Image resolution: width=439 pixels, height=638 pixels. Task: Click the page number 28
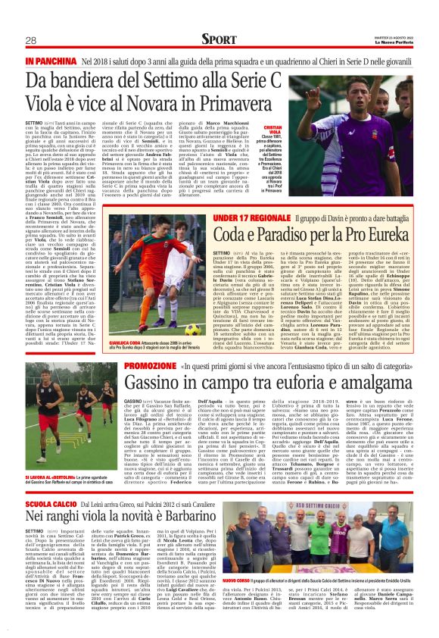coord(31,40)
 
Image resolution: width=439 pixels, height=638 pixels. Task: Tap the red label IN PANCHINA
coord(51,60)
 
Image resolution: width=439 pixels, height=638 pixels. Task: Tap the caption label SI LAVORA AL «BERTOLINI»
coord(49,477)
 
